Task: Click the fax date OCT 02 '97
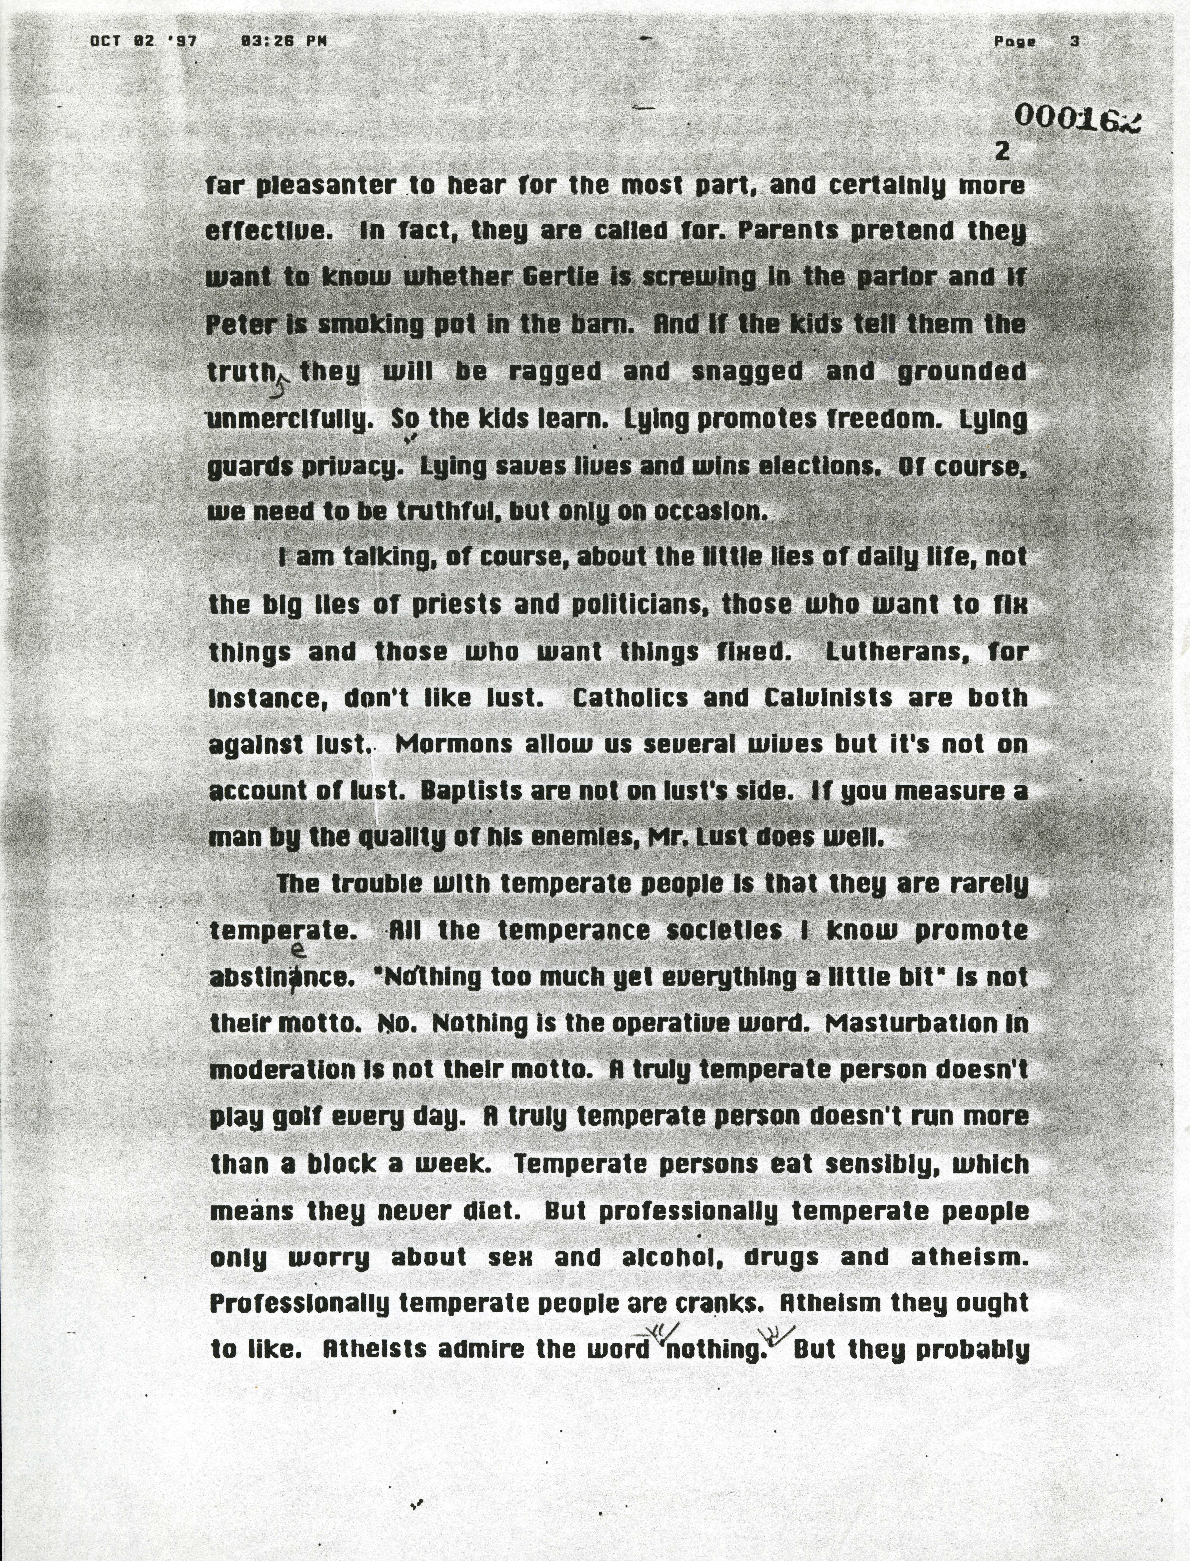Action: (x=143, y=41)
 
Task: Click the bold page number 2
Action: (x=1002, y=151)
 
